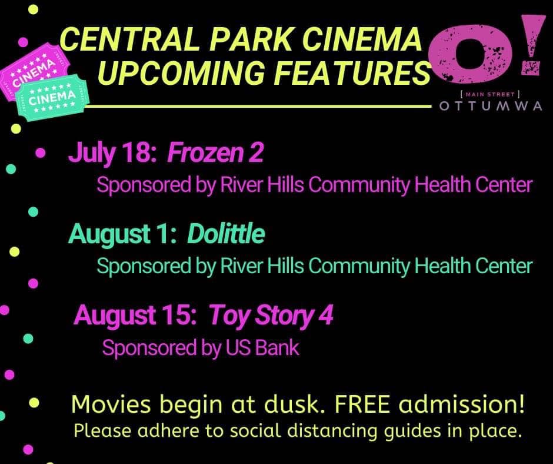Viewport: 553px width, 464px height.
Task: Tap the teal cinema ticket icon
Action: pyautogui.click(x=52, y=98)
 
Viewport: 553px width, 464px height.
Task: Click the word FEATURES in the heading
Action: pyautogui.click(x=352, y=73)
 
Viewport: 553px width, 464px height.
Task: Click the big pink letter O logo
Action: pyautogui.click(x=471, y=52)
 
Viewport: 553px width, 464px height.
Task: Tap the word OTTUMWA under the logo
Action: pyautogui.click(x=491, y=106)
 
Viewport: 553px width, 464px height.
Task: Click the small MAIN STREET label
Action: pyautogui.click(x=491, y=94)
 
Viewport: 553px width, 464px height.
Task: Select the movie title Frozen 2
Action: pyautogui.click(x=215, y=153)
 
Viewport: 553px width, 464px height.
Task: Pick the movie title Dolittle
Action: pyautogui.click(x=226, y=234)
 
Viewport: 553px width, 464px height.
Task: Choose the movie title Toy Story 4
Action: pyautogui.click(x=271, y=315)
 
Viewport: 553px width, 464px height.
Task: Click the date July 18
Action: pyautogui.click(x=112, y=153)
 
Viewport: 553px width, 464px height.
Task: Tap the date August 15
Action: pyautogui.click(x=135, y=315)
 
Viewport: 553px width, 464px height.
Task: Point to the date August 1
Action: pyautogui.click(x=122, y=234)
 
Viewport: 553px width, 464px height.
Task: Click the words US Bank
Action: pyautogui.click(x=262, y=347)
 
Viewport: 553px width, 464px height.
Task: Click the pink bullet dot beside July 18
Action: pyautogui.click(x=41, y=153)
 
